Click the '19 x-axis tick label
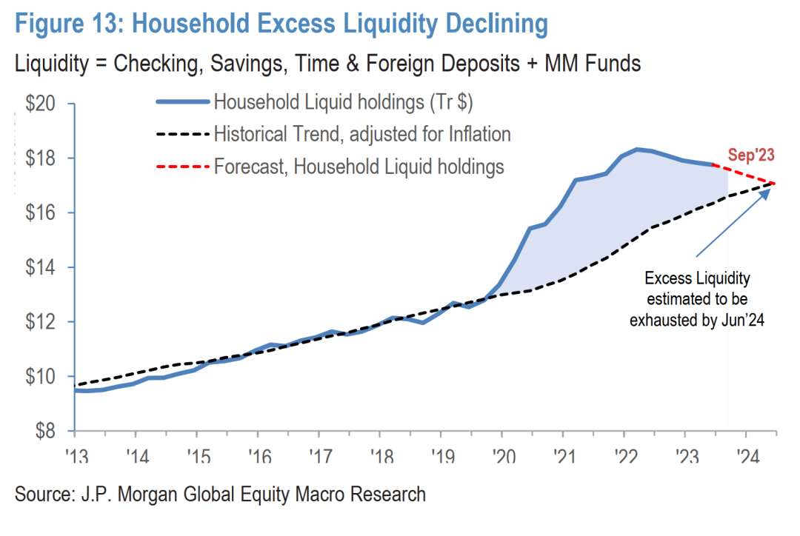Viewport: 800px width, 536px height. point(441,455)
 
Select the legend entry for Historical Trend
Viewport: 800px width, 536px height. point(362,134)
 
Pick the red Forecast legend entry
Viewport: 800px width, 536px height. point(359,167)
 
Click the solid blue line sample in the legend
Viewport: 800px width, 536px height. point(181,102)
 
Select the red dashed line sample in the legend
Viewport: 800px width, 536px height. point(181,167)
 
